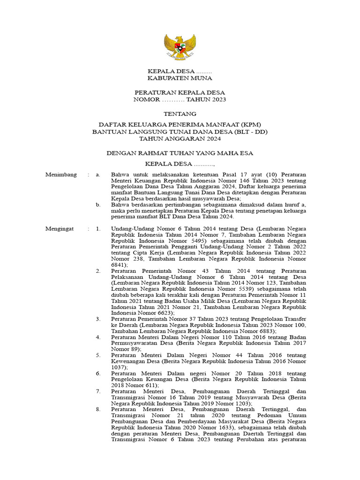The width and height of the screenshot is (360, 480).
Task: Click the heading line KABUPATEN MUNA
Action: click(x=180, y=78)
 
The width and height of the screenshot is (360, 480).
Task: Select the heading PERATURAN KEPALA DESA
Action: click(x=180, y=92)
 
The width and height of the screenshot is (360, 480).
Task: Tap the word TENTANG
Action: click(x=180, y=114)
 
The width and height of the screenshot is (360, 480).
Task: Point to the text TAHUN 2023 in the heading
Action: click(x=206, y=99)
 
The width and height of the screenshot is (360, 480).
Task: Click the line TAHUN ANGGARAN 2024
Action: click(x=180, y=138)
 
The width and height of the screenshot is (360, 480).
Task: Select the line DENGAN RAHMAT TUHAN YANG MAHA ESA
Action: click(x=180, y=153)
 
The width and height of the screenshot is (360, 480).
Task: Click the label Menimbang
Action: click(x=61, y=175)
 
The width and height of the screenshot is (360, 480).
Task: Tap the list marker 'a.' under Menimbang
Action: click(x=98, y=175)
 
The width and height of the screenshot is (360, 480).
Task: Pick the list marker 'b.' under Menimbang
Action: click(x=98, y=204)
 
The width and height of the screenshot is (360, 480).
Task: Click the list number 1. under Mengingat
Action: click(x=98, y=229)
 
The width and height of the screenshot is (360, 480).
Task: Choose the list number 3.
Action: click(x=98, y=319)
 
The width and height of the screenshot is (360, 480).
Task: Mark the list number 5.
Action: click(x=98, y=355)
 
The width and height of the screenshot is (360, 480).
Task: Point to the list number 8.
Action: click(x=98, y=409)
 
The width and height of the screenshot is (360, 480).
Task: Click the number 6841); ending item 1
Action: click(x=120, y=264)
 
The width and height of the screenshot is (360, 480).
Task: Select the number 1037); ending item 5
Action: click(x=120, y=367)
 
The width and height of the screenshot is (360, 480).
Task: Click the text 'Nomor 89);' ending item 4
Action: click(x=127, y=349)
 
